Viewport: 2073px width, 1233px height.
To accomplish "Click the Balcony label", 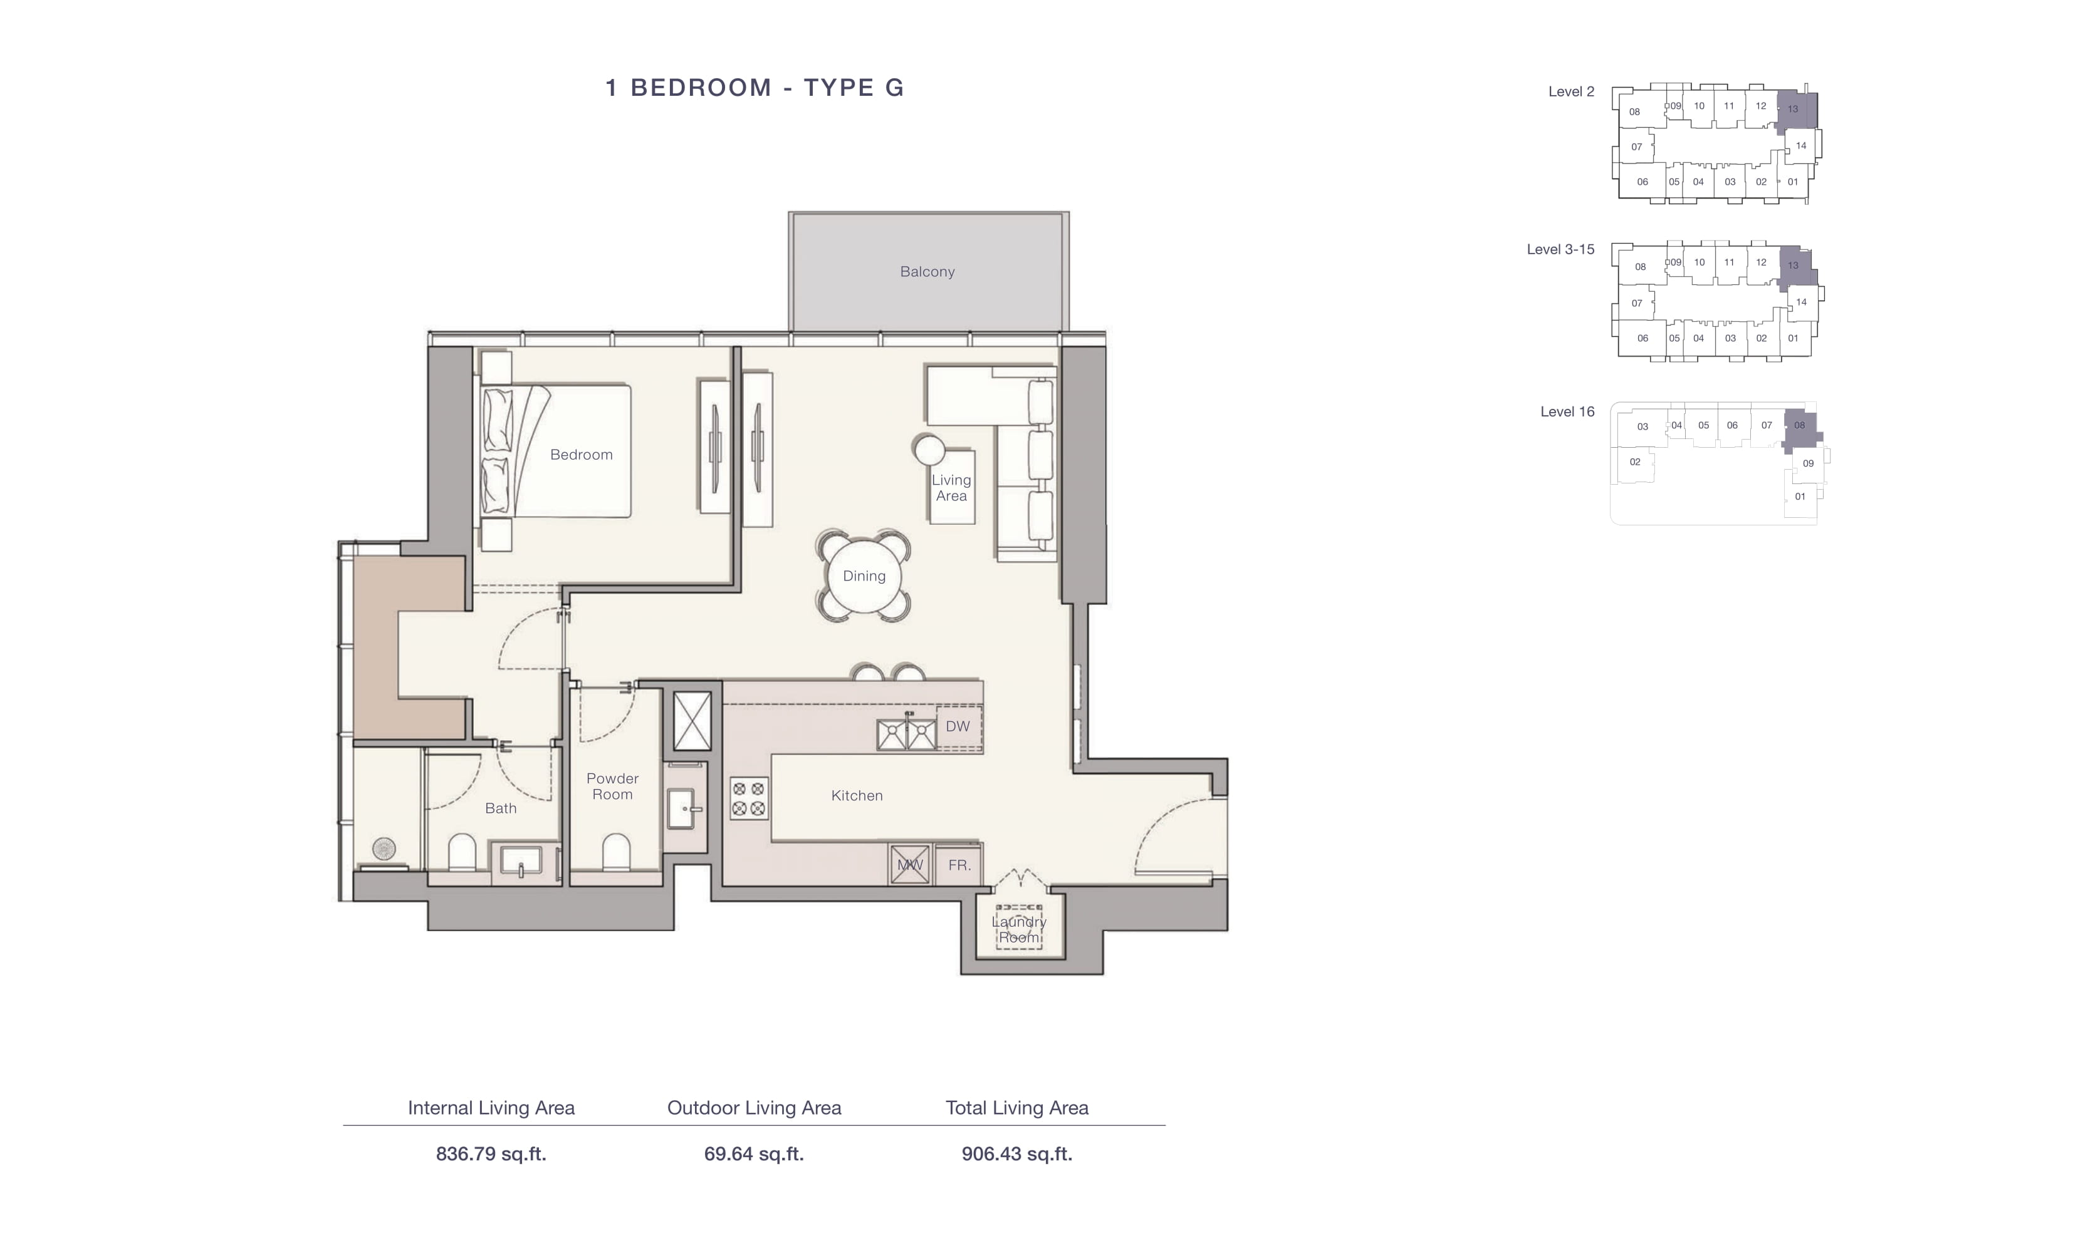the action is click(927, 272).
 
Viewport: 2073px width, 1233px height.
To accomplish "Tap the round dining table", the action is click(864, 575).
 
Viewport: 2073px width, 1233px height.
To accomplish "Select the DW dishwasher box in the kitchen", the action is click(958, 727).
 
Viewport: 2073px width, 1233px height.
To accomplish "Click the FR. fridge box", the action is click(959, 865).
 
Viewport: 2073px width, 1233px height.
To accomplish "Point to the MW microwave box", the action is click(909, 865).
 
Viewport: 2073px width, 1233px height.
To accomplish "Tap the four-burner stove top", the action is click(748, 798).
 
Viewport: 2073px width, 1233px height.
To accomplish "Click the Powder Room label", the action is click(613, 786).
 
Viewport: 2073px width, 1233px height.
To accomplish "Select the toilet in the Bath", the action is click(461, 852).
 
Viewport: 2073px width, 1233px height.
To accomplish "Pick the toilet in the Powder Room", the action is click(615, 852).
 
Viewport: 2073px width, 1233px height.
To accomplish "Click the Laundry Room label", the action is click(1019, 930).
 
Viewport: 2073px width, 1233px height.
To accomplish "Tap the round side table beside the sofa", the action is click(929, 450).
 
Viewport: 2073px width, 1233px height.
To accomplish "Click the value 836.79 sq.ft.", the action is click(491, 1154).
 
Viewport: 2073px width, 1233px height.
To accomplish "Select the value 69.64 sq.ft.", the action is click(754, 1154).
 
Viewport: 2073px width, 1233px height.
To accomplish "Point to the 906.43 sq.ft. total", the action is click(1017, 1154).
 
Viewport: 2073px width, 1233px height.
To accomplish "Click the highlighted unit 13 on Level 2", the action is click(1796, 110).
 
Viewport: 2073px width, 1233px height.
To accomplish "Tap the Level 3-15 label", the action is click(1560, 249).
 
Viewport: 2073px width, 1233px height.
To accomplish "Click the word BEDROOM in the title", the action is click(701, 87).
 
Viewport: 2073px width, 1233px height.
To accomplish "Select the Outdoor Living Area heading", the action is click(754, 1108).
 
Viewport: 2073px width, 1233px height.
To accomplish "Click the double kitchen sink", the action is click(907, 735).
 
